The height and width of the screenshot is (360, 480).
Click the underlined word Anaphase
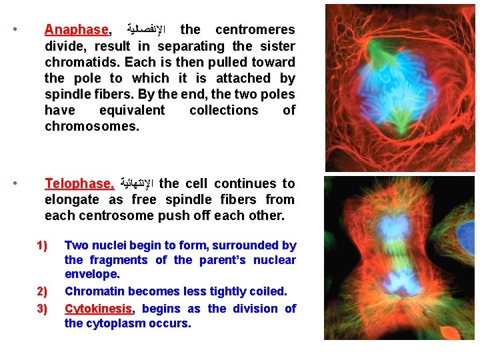coord(76,30)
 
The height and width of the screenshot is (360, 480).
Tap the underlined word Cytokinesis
coord(99,309)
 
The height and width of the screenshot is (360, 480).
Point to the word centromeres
coord(255,30)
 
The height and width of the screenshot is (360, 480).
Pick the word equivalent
coord(131,110)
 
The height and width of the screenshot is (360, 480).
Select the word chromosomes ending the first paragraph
coord(91,126)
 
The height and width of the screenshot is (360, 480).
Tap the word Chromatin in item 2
coord(94,291)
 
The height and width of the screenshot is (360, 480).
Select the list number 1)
coord(43,245)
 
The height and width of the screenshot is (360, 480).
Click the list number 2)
coord(43,291)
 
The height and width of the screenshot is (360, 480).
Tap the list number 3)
coord(43,309)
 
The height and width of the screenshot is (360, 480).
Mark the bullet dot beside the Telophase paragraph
coord(15,183)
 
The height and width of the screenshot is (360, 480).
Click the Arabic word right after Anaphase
coord(145,30)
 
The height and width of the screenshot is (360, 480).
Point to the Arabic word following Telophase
coord(136,184)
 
